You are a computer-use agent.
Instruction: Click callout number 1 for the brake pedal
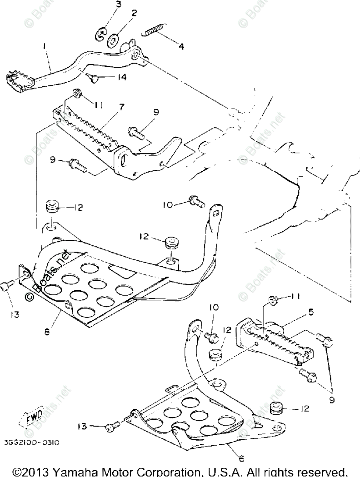(45, 46)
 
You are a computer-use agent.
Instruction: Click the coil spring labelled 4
(153, 31)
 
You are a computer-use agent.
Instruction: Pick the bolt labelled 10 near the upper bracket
(196, 200)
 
